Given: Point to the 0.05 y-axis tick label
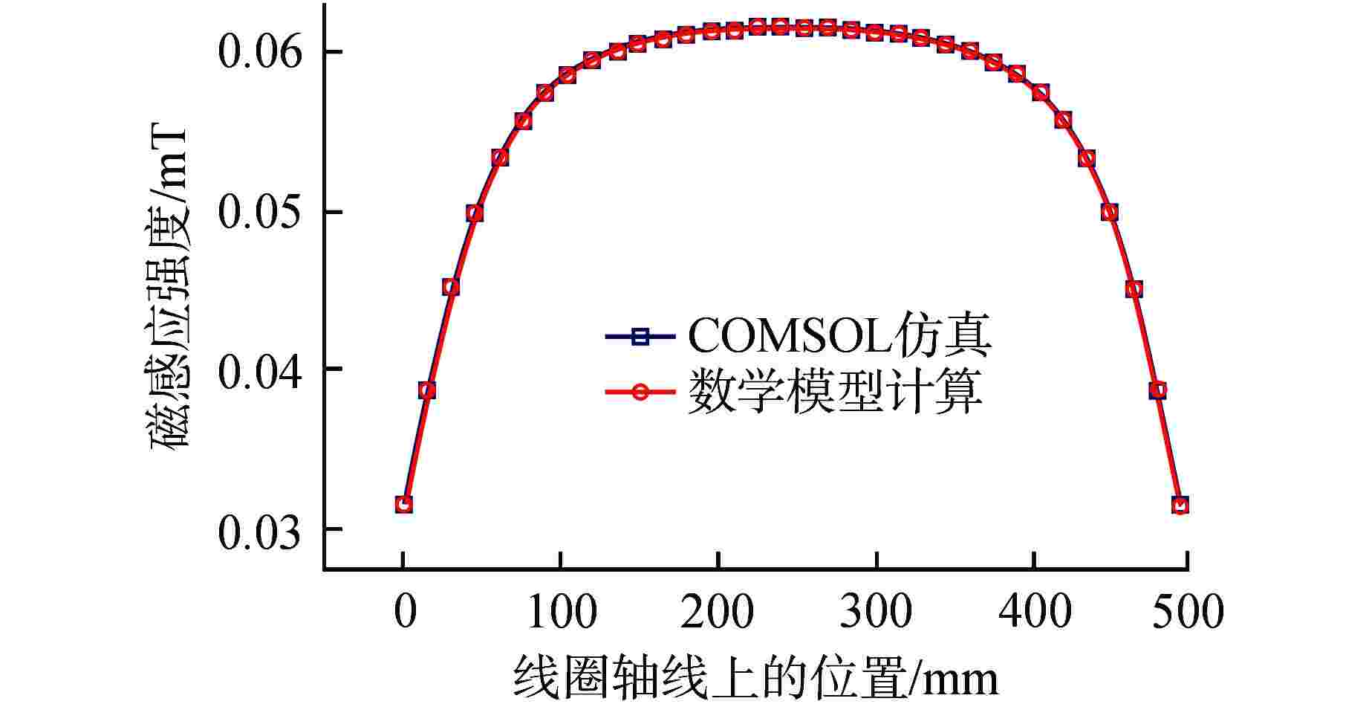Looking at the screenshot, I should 260,213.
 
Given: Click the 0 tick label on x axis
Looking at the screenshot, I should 403,613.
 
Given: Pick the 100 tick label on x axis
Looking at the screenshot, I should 561,613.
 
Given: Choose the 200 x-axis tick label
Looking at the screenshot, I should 718,613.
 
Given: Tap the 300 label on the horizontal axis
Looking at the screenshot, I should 877,613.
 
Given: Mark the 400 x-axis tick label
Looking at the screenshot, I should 1034,613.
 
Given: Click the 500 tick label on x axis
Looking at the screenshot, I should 1186,613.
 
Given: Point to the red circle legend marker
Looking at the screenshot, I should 640,393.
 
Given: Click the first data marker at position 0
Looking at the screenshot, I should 403,505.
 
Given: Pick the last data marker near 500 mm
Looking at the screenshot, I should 1180,505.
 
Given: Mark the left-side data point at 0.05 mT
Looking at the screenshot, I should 475,213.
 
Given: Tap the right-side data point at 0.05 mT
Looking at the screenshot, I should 1110,213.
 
